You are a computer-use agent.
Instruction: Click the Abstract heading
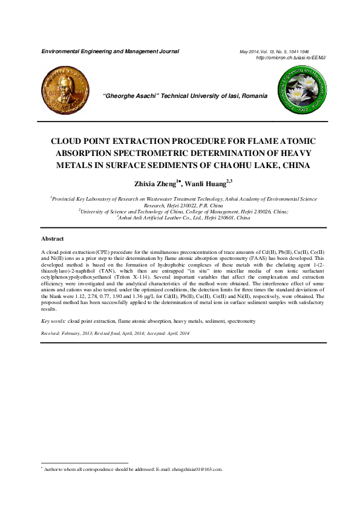tap(52, 239)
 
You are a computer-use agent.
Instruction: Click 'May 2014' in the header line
tap(251, 52)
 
